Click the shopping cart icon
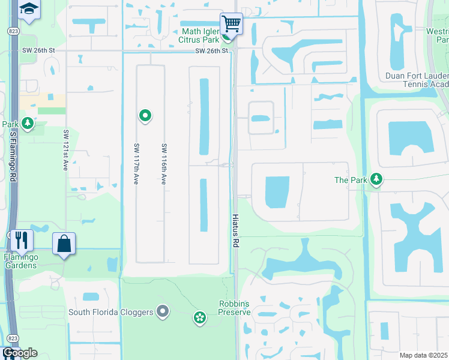[x=231, y=24]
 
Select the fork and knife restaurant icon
[x=21, y=240]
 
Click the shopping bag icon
[x=64, y=244]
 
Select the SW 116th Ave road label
[x=163, y=164]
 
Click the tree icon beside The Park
[x=376, y=179]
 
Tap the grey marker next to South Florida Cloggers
[x=162, y=311]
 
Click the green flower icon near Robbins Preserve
[x=200, y=317]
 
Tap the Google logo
[x=20, y=353]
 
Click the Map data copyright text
[x=424, y=355]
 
